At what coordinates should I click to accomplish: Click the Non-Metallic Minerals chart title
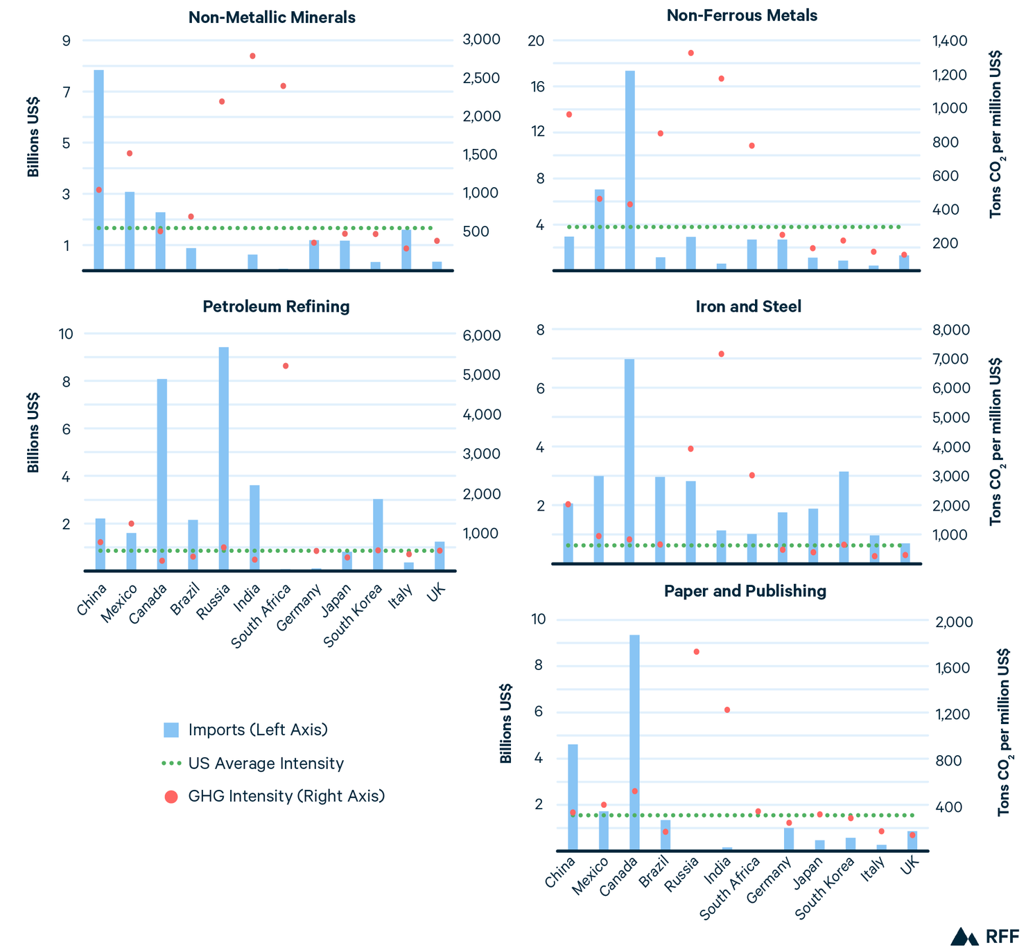pos(272,17)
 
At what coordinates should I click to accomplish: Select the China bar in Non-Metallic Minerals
pos(99,170)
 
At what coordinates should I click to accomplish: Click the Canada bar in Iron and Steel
pos(629,461)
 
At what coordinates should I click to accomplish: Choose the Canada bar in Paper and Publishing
pos(634,742)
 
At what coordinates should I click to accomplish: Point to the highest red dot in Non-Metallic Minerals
pos(252,56)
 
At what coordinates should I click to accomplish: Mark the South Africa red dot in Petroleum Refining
pos(285,366)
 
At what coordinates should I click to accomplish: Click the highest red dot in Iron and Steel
pos(721,354)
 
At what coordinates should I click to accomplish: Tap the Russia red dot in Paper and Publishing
pos(696,651)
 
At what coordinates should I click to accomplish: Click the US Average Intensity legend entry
pos(254,763)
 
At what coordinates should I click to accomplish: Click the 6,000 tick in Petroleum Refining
pos(480,335)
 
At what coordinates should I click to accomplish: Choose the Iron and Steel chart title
pos(748,306)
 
